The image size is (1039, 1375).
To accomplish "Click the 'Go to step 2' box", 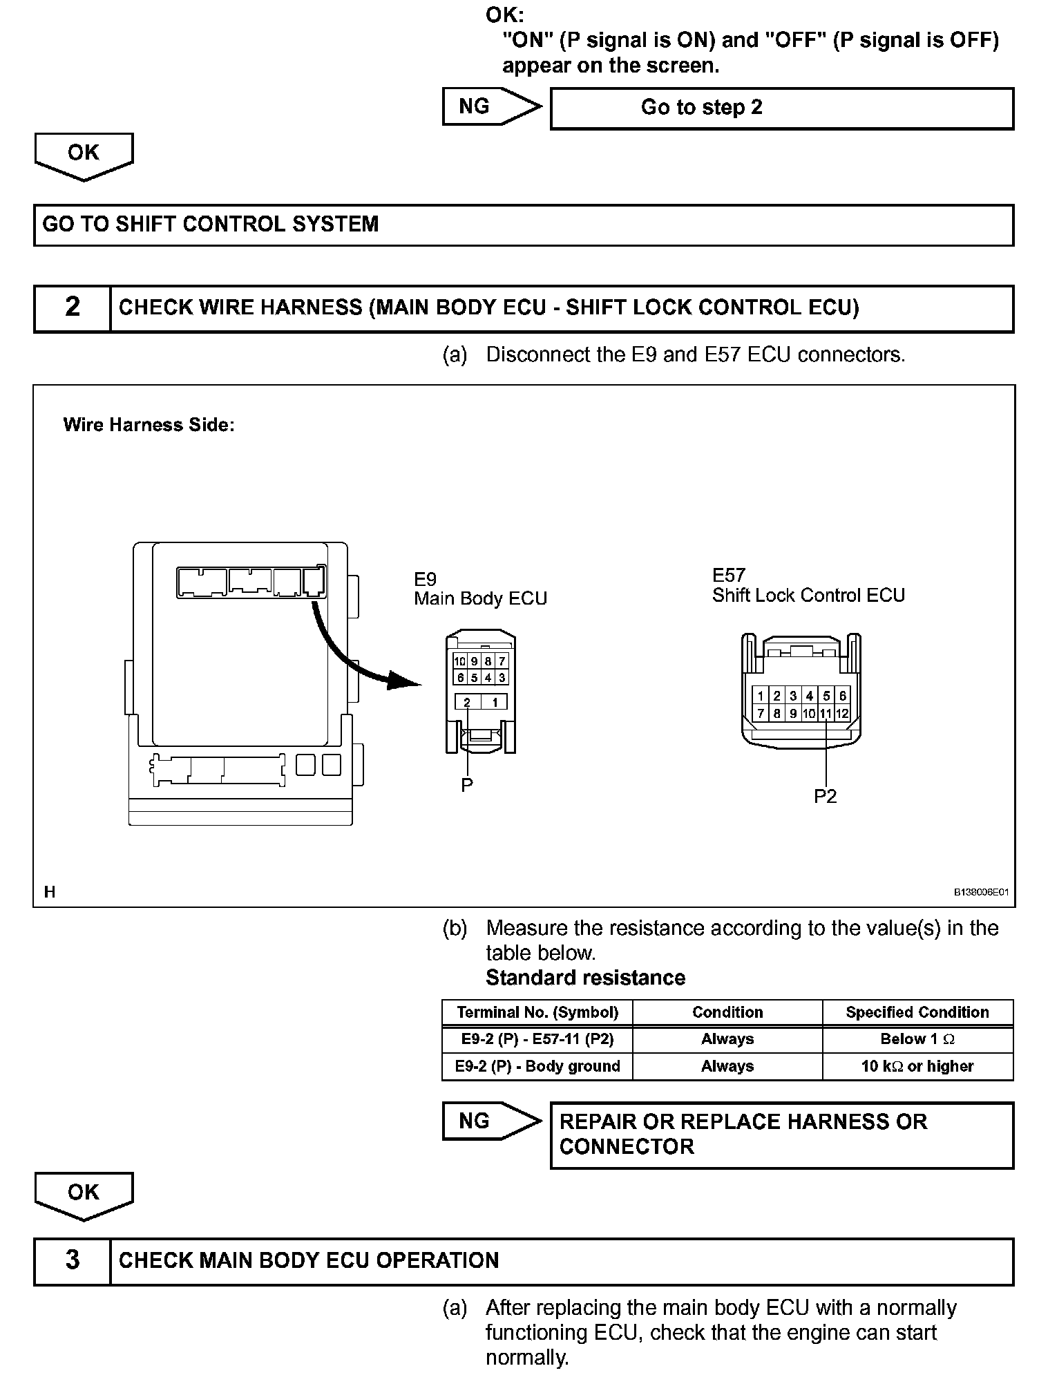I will click(781, 108).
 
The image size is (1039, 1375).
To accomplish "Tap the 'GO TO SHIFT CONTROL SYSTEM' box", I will click(523, 225).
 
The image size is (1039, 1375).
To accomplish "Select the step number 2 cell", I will click(72, 307).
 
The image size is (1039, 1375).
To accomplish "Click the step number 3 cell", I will click(72, 1260).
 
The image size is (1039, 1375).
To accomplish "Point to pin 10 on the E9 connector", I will click(459, 661).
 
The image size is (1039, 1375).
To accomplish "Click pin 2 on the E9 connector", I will click(467, 703).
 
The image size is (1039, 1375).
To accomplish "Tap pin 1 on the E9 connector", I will click(495, 703).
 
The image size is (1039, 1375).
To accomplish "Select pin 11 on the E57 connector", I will click(826, 714).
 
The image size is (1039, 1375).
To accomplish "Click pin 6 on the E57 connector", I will click(842, 696).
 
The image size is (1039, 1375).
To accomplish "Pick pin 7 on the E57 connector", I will click(761, 714).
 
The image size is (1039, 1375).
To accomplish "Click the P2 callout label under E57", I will click(825, 797).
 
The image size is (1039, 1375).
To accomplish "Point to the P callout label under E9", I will click(467, 785).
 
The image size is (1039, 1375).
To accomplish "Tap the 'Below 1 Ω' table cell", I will click(917, 1039).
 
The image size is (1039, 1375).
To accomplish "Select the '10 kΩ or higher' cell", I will click(917, 1066).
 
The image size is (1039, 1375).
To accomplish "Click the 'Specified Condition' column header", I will click(917, 1012).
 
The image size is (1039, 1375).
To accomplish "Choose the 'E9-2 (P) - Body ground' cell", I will click(537, 1066).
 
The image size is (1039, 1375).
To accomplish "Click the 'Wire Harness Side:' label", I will click(149, 425).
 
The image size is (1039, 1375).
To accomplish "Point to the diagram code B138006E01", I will click(981, 892).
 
